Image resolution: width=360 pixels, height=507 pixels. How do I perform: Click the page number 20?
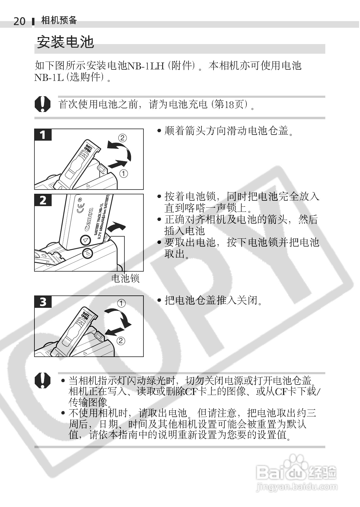point(20,21)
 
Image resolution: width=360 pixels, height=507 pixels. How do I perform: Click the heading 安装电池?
point(65,42)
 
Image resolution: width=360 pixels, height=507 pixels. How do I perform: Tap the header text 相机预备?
point(59,20)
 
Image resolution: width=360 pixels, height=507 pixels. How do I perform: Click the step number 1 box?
point(43,135)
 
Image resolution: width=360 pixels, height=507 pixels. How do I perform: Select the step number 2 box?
point(43,200)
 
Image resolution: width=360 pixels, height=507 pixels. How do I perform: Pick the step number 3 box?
point(43,301)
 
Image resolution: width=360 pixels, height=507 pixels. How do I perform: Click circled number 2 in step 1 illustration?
point(122,138)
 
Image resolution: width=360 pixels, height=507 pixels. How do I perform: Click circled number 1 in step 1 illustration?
point(124,174)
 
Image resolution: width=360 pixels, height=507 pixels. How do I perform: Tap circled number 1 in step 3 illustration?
point(121,303)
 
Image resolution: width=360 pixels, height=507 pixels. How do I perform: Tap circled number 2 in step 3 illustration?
point(121,341)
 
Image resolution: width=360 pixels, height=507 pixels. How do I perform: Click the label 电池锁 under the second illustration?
point(125,278)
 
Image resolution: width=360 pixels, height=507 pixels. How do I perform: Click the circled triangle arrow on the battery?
point(85,240)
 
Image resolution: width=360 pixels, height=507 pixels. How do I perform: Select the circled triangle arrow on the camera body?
point(88,253)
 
